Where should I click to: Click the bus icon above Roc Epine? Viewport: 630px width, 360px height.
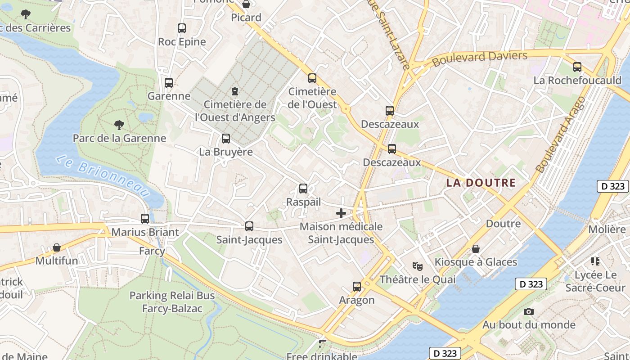click(x=182, y=28)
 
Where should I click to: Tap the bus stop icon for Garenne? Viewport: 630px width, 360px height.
click(x=169, y=83)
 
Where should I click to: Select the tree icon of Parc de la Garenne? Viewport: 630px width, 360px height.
click(x=119, y=125)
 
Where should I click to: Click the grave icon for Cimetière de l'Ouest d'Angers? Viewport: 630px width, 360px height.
click(x=234, y=91)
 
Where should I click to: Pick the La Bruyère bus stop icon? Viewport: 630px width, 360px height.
click(x=226, y=139)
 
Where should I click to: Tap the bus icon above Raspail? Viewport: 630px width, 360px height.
click(x=303, y=189)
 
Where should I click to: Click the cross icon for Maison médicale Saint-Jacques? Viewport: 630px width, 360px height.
click(x=341, y=213)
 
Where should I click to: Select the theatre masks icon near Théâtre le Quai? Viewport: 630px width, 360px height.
click(x=418, y=266)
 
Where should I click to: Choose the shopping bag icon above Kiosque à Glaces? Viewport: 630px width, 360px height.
click(x=476, y=249)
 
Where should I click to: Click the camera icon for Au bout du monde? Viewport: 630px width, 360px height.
click(x=529, y=311)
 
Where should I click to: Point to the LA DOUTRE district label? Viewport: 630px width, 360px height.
click(x=481, y=183)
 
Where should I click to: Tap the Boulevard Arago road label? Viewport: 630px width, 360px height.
click(x=561, y=134)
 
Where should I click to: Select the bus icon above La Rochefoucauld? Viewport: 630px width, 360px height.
click(x=577, y=67)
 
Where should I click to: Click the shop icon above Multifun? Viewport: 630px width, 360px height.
click(x=57, y=247)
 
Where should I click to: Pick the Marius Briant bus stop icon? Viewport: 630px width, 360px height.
click(x=145, y=219)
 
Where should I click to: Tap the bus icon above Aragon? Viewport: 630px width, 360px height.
click(x=357, y=287)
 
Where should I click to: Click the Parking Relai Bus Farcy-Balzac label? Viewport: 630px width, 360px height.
click(x=172, y=302)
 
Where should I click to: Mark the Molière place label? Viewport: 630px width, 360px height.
click(x=607, y=229)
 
